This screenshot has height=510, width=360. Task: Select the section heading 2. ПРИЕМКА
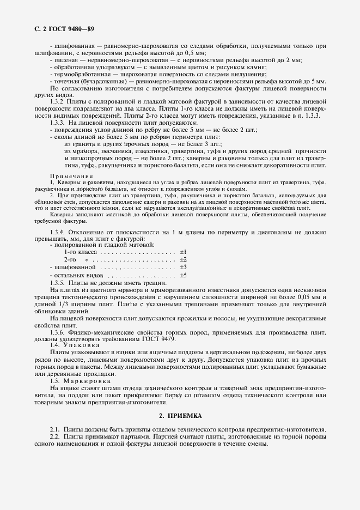click(180, 415)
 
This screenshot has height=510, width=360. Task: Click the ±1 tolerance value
click(183, 252)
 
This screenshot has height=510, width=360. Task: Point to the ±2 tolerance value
click(183, 260)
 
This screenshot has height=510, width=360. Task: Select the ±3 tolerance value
click(183, 268)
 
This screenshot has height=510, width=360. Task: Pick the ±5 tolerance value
click(183, 276)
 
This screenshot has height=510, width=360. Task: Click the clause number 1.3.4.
click(58, 233)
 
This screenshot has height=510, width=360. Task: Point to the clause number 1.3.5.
click(58, 283)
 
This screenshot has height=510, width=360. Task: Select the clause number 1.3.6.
click(58, 332)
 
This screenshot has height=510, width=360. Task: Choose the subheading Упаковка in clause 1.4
click(82, 345)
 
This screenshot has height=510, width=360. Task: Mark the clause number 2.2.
click(54, 437)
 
